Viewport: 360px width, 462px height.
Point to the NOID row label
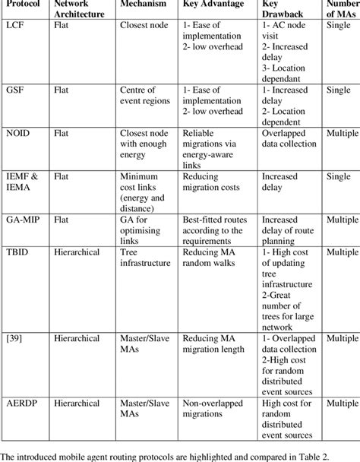(x=19, y=131)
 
